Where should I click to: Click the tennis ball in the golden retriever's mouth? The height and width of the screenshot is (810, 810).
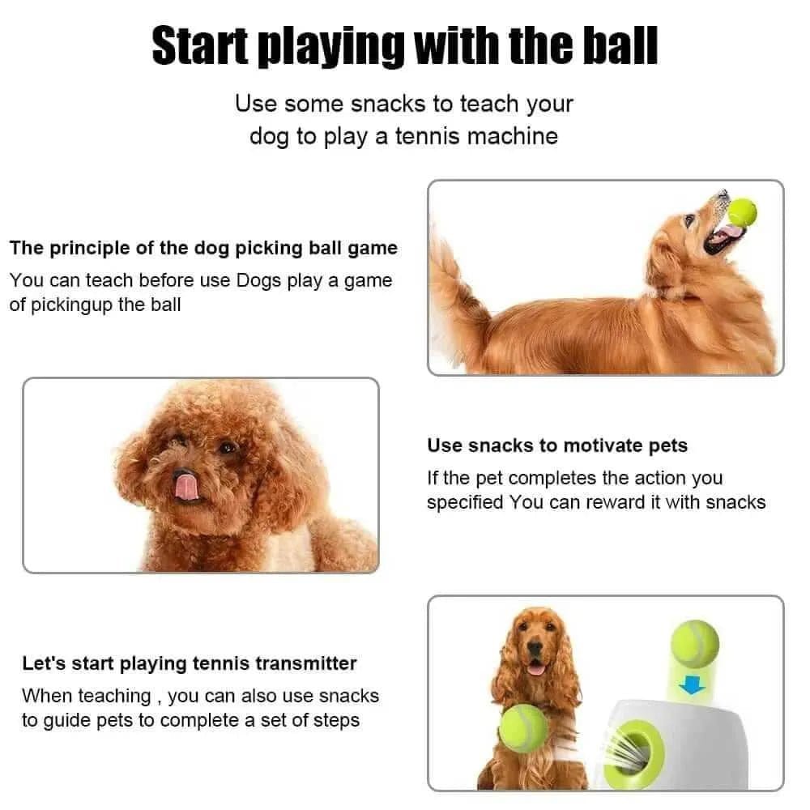(x=742, y=212)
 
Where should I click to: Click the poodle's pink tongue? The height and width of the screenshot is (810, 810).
(x=185, y=484)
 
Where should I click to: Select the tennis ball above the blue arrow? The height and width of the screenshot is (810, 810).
(x=695, y=645)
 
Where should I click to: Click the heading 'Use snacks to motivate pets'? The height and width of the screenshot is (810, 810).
(x=557, y=446)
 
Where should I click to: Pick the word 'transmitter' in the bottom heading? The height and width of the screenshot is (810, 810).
(x=306, y=663)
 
